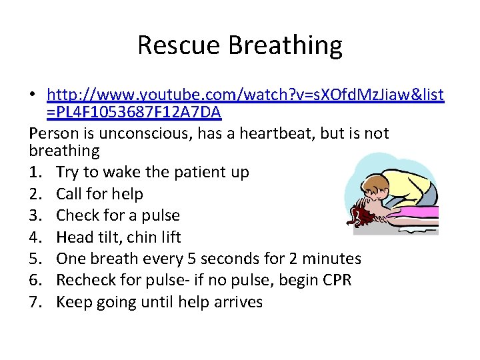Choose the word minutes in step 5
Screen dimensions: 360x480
[333, 259]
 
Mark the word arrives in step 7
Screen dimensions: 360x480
[238, 302]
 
